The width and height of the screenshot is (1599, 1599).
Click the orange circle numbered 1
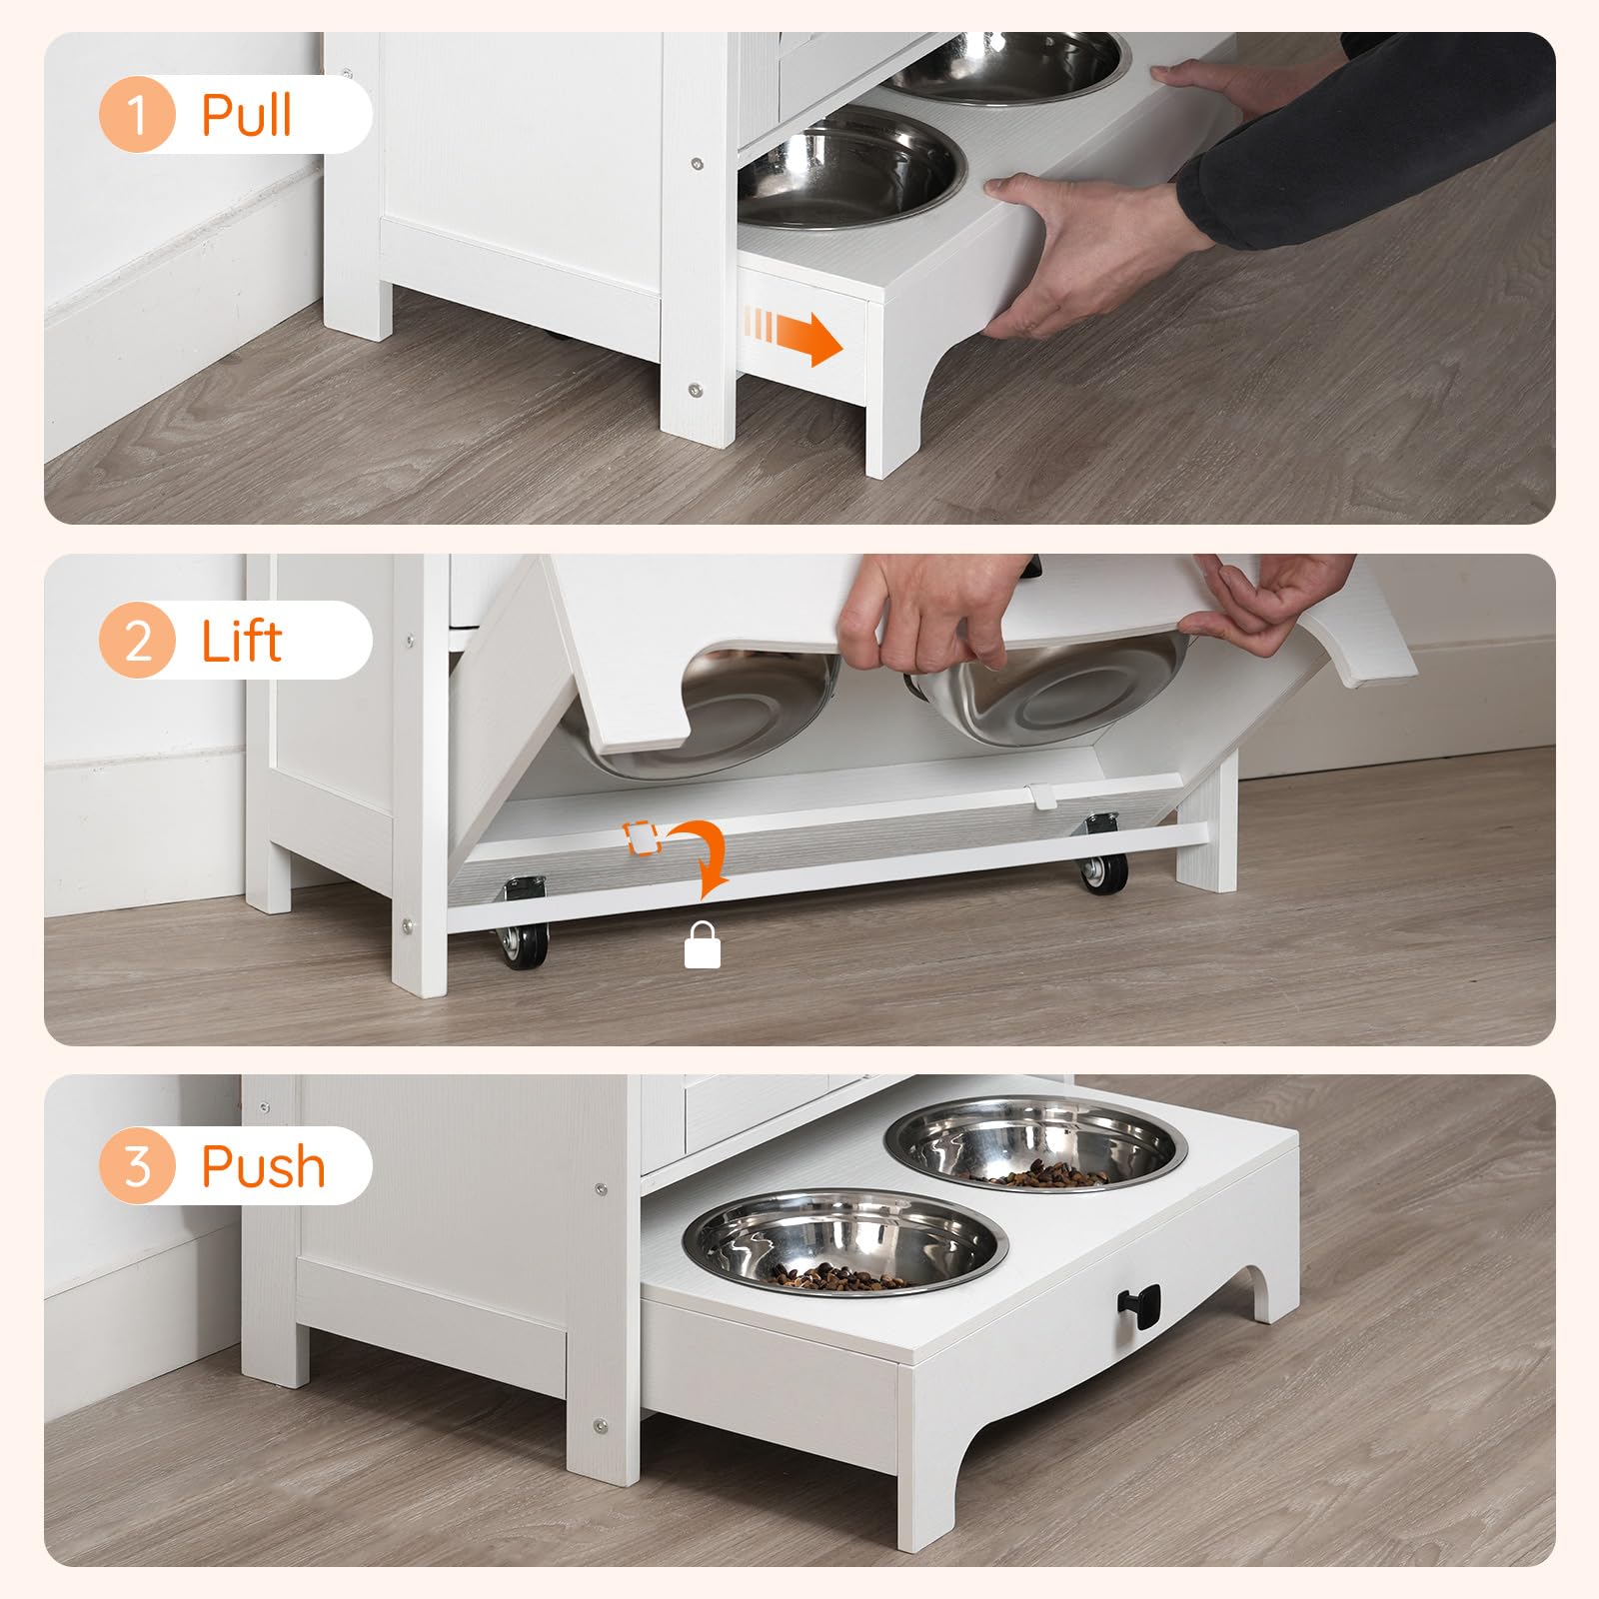137,115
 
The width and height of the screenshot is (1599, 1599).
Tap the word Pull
246,115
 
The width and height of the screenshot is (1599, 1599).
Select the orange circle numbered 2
137,641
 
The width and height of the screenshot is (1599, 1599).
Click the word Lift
242,641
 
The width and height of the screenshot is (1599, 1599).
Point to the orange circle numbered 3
137,1165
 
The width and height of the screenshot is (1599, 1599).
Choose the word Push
263,1166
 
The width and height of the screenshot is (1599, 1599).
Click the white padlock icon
702,945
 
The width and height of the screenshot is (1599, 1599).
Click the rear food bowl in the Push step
1036,1145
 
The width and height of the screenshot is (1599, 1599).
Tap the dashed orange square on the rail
642,837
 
